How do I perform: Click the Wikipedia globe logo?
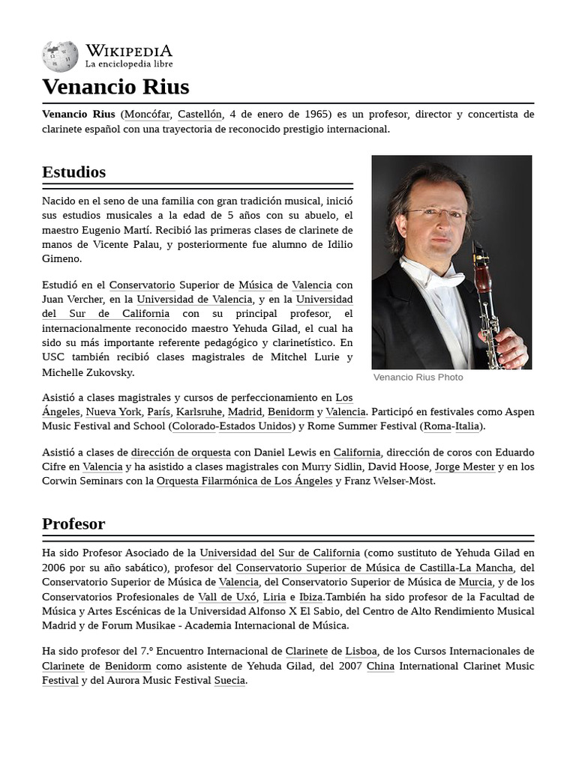coord(60,57)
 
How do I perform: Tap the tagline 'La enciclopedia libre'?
coord(128,64)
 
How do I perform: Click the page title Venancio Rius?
coord(115,86)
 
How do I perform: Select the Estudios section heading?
coord(73,172)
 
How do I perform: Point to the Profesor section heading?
coord(73,524)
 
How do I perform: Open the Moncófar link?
coord(147,114)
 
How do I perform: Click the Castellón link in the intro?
coord(199,114)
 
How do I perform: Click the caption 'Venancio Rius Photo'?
coord(418,378)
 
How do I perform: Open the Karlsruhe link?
coord(199,412)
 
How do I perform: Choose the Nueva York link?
coord(113,412)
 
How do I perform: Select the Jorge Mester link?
coord(464,467)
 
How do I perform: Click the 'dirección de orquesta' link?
coord(180,452)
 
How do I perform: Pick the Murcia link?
coord(475,582)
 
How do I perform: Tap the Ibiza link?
coord(310,597)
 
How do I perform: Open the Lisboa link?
coord(361,652)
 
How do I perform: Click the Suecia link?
coord(229,680)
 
